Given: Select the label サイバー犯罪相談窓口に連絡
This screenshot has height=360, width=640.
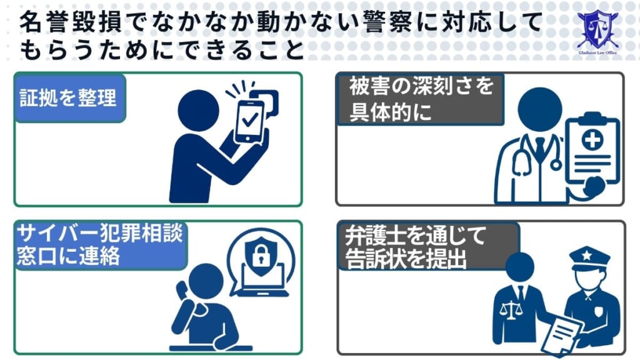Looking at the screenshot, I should point(100,244).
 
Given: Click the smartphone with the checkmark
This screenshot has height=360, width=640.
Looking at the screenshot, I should point(249,119).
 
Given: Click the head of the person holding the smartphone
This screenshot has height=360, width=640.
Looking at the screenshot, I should point(198,111).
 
